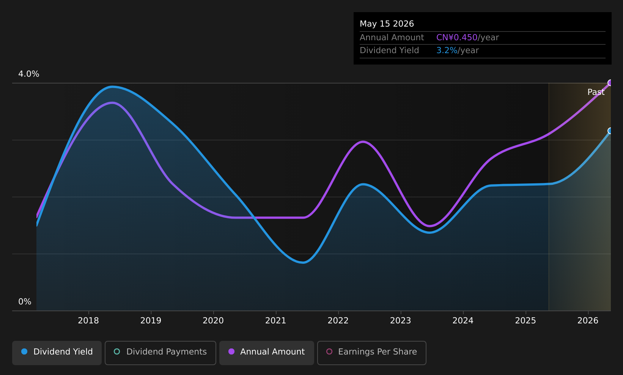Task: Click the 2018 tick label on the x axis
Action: (x=88, y=321)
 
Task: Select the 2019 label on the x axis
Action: (x=151, y=321)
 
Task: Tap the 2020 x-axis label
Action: (x=213, y=321)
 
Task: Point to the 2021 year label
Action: (x=275, y=321)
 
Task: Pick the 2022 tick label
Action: (x=338, y=321)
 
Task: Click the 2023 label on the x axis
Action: (x=401, y=321)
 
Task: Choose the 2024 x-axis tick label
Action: (x=463, y=321)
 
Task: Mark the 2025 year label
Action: (x=525, y=321)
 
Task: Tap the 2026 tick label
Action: (x=588, y=321)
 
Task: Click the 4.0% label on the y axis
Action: (x=29, y=74)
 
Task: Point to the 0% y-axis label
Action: (x=25, y=302)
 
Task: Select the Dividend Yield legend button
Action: (x=57, y=353)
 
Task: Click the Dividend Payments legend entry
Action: (x=160, y=353)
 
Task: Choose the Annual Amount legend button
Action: (x=267, y=353)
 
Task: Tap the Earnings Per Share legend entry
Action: (x=372, y=353)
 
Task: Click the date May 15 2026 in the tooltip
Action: (x=387, y=24)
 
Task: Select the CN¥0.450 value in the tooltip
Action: (x=457, y=38)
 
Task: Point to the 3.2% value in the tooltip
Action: (x=447, y=50)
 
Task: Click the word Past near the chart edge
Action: (x=596, y=92)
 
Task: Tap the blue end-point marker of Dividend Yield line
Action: (x=610, y=131)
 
